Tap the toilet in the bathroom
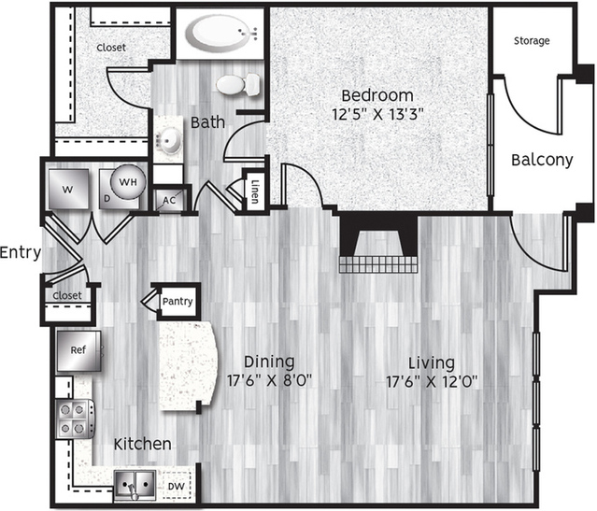tap(238, 84)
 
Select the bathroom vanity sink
tap(168, 140)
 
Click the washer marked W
tap(68, 189)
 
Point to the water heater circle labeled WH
tap(128, 182)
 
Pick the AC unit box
tap(169, 200)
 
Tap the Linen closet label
tap(255, 192)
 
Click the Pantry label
tap(178, 301)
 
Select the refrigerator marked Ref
tap(78, 350)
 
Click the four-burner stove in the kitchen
tap(75, 419)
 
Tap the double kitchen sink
tap(135, 485)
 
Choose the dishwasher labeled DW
tap(177, 486)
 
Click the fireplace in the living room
tap(378, 244)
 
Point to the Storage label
tap(532, 41)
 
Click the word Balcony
tap(542, 160)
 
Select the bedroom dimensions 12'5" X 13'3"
tap(377, 114)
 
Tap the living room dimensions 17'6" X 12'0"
tap(432, 381)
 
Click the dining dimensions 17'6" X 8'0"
tap(270, 380)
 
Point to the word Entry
tap(21, 252)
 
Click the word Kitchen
tap(143, 444)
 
